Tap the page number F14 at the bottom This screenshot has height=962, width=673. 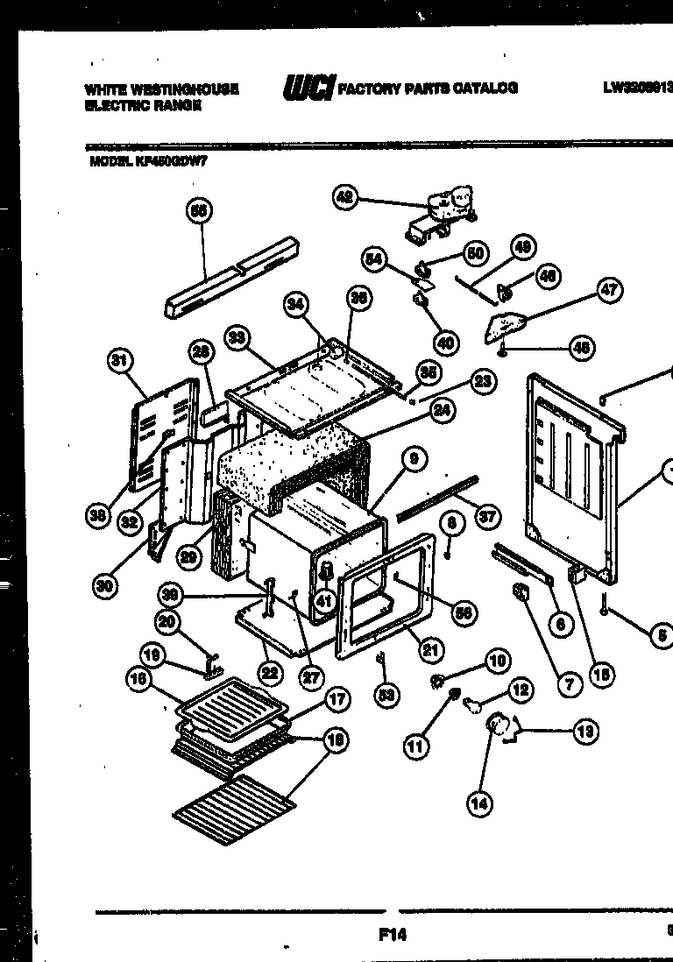click(x=392, y=934)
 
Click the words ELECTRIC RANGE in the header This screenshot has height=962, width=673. click(x=143, y=105)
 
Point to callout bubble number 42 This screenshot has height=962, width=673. click(x=345, y=198)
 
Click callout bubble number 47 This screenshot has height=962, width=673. click(x=608, y=292)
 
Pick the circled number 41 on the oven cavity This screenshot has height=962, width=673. click(x=324, y=601)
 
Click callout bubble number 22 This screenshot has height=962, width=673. click(x=269, y=673)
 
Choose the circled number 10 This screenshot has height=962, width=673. click(x=496, y=661)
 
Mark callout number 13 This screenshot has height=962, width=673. click(x=584, y=731)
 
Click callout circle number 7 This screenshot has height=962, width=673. click(x=568, y=684)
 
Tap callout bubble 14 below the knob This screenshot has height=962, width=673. click(x=479, y=803)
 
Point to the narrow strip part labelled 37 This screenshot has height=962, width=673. click(x=437, y=499)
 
